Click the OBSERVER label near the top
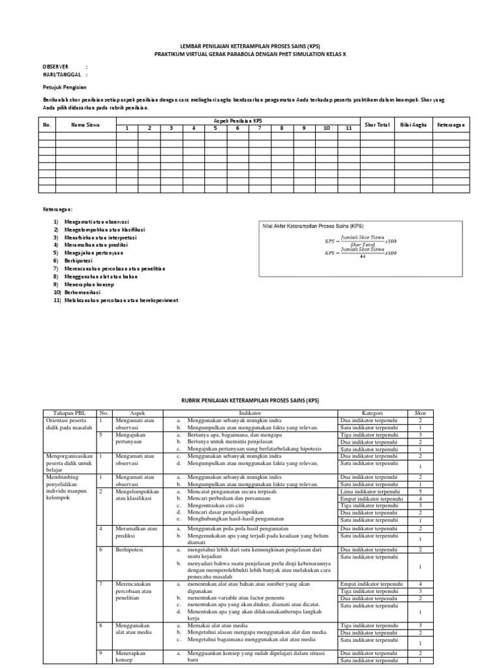tap(55, 67)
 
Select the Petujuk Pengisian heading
tap(65, 87)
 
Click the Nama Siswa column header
tap(85, 124)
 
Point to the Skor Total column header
tap(376, 124)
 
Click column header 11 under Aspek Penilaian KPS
tap(348, 129)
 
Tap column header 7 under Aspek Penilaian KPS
tap(260, 129)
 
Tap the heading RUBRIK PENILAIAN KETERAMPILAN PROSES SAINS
tap(250, 400)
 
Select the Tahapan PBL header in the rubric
tap(68, 413)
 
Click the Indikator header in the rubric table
tap(249, 413)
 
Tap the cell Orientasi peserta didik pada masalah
tap(68, 425)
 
